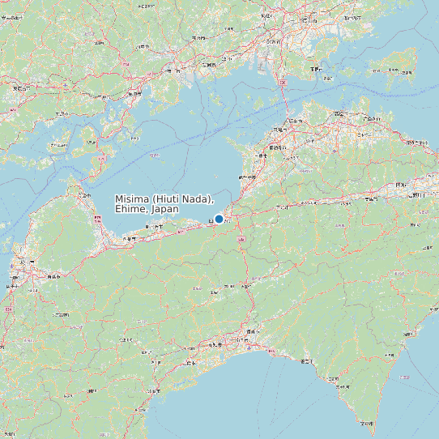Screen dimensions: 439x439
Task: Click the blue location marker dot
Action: [x=219, y=219]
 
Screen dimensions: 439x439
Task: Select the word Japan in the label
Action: [x=165, y=209]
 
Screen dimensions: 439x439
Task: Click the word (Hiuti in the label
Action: [x=166, y=199]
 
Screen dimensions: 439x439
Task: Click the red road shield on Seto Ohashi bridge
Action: [x=282, y=83]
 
